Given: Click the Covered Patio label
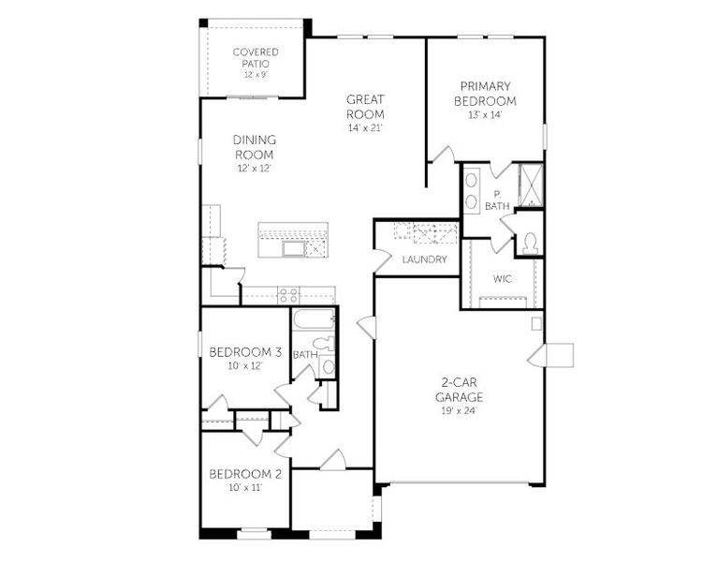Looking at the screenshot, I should tap(256, 57).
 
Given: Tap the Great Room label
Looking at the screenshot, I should tap(365, 106).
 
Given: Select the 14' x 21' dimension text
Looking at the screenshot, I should tap(365, 127).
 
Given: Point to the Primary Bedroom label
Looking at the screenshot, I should tap(485, 95).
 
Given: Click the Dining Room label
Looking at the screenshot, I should tap(254, 147).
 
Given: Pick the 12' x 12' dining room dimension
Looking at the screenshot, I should tap(254, 169).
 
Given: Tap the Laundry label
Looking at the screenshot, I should tap(424, 259).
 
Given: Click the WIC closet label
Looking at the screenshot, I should tap(503, 278).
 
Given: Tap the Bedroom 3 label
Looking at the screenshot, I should tap(245, 352).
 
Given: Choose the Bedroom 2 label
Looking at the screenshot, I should tap(245, 473).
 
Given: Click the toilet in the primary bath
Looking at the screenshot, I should tap(530, 243).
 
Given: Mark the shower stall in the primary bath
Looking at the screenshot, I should tap(530, 185).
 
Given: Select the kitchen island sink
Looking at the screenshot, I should tap(294, 248).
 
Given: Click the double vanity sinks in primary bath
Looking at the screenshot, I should tap(472, 189).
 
